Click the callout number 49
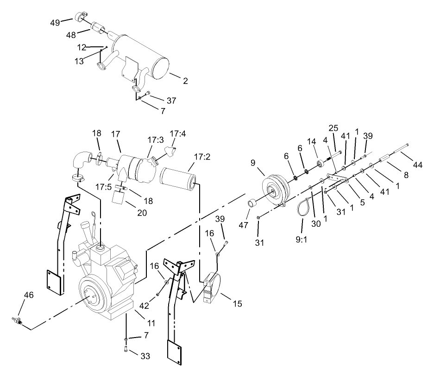[55, 22]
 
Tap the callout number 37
[159, 101]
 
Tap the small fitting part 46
[17, 320]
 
